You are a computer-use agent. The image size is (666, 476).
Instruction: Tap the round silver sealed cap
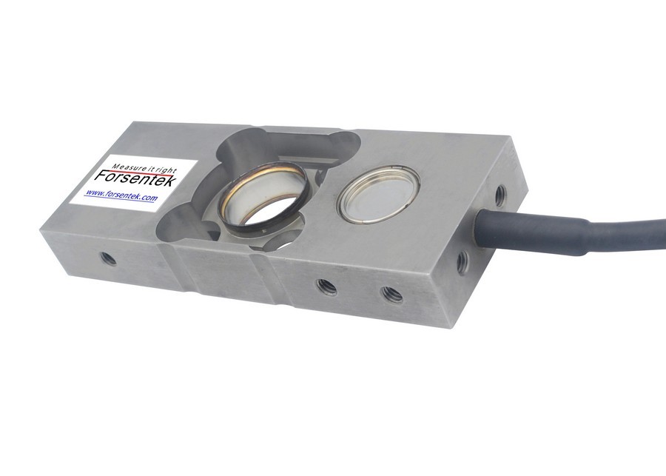378,194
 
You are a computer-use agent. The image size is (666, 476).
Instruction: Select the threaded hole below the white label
108,259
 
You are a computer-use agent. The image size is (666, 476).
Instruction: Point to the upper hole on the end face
500,195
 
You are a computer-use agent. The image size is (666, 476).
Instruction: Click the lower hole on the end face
462,261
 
